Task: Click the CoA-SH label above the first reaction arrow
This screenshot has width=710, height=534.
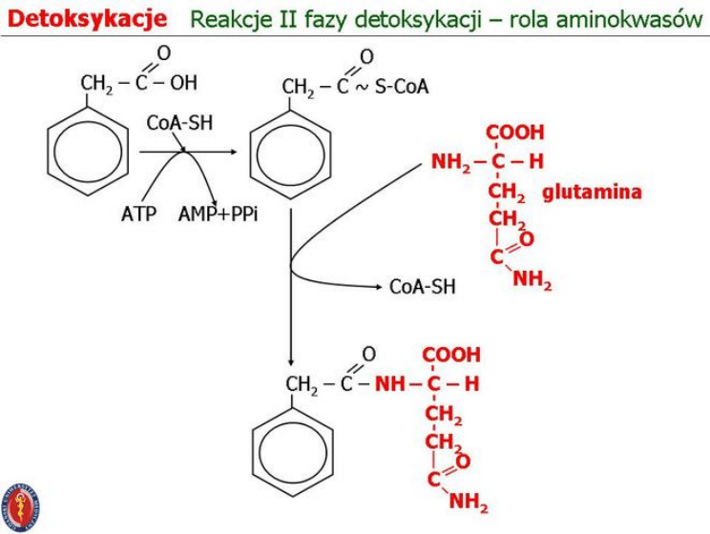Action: tap(179, 124)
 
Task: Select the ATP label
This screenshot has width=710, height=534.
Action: tap(138, 214)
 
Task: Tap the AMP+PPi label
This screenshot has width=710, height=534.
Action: tap(218, 214)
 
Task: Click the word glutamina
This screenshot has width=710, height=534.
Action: tap(592, 193)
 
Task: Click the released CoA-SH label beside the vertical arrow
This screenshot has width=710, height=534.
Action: tap(423, 286)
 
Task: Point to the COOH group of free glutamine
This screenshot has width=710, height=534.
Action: tap(515, 133)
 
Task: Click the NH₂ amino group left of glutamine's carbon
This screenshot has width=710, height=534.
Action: tap(450, 161)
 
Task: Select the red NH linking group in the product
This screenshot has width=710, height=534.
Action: tap(389, 384)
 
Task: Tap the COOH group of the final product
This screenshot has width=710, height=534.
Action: tap(451, 356)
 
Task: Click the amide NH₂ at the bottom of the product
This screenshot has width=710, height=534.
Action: tap(469, 502)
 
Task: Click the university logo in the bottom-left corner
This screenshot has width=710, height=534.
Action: tap(21, 506)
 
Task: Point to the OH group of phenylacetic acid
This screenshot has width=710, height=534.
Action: tap(183, 83)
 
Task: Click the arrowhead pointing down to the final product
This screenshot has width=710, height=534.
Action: tap(290, 362)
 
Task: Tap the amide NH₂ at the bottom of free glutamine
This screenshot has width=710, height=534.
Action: tap(532, 280)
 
